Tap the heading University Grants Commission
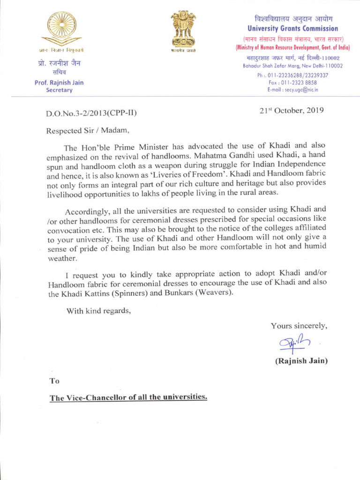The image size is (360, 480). pos(292,29)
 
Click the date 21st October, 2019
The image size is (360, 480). pos(292,111)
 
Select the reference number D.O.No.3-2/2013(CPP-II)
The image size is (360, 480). pos(91,113)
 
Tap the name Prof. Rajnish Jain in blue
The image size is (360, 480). pos(59,82)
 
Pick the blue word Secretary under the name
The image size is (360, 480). pos(59,90)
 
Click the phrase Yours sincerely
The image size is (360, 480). pos(299,326)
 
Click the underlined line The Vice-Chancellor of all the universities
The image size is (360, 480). pos(128,397)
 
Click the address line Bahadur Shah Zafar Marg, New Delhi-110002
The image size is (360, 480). pos(292,66)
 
